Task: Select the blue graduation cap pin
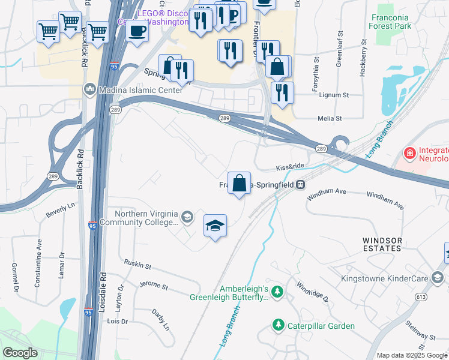point(215,227)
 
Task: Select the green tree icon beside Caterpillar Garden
point(278,326)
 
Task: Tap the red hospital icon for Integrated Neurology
point(410,154)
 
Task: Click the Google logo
point(20,353)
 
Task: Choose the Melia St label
point(330,119)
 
